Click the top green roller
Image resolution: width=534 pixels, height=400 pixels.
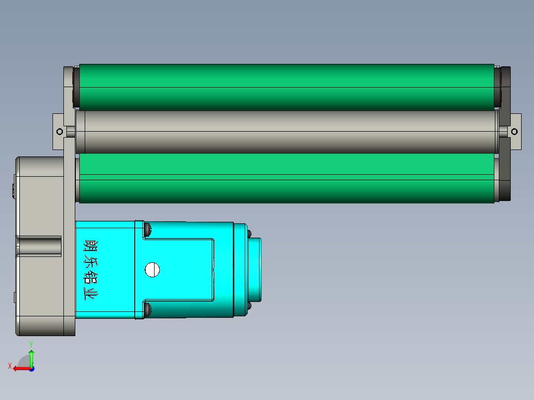[x=286, y=87]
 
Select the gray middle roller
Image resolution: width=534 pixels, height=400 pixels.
[x=286, y=132]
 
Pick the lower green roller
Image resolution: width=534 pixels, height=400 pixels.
[x=286, y=178]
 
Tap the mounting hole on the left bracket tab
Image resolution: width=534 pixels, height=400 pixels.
[x=59, y=132]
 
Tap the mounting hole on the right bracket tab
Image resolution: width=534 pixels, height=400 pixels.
[x=514, y=132]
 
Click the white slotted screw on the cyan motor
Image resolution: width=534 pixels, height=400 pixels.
[x=152, y=270]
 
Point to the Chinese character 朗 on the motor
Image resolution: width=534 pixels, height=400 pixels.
[x=91, y=246]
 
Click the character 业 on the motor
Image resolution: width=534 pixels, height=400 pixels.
[x=91, y=295]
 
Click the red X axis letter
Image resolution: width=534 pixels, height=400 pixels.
[x=9, y=366]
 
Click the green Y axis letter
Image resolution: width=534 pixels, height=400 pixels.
[x=31, y=344]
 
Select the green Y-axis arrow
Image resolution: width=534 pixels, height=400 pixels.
[x=31, y=357]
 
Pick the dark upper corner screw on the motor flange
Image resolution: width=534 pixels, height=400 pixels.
[x=147, y=229]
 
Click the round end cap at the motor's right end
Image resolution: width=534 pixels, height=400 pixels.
[x=255, y=270]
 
